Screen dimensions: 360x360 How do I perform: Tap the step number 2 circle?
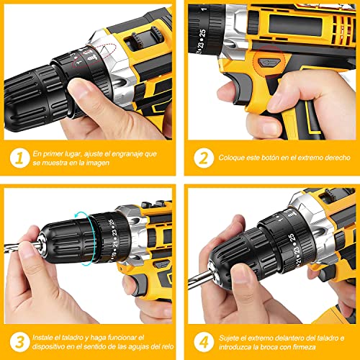203,156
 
